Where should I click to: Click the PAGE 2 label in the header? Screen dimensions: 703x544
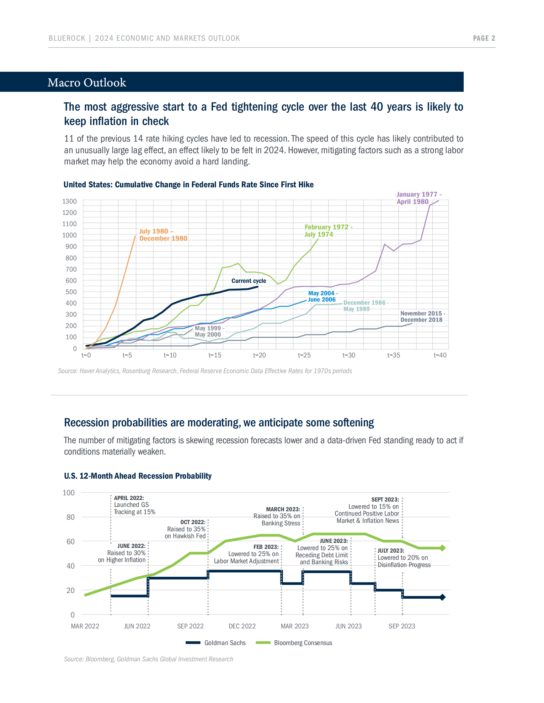tap(483, 38)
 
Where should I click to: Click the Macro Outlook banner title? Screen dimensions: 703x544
tap(87, 82)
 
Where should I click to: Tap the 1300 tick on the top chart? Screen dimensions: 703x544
tap(69, 201)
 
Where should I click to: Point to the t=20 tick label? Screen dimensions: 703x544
tap(259, 355)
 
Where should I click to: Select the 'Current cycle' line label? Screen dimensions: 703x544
tap(248, 281)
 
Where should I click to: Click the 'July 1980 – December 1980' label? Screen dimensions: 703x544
tap(163, 235)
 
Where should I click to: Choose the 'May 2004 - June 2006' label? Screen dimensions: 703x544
tap(322, 296)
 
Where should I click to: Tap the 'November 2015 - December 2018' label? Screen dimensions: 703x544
tap(422, 317)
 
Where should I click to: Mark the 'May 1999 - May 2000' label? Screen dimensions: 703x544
tap(208, 331)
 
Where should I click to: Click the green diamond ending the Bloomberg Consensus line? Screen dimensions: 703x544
tap(442, 548)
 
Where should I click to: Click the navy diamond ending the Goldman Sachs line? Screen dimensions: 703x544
tap(442, 597)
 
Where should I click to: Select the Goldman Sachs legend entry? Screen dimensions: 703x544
tap(225, 643)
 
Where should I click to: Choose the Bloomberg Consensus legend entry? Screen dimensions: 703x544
tap(303, 643)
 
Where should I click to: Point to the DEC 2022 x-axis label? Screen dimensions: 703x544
tap(242, 626)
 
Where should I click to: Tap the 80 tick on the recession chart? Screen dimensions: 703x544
tap(70, 517)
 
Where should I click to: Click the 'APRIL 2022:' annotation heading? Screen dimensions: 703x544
tap(129, 498)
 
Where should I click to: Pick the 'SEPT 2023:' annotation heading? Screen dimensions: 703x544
tap(385, 500)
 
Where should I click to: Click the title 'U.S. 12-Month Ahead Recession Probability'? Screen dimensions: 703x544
tap(138, 476)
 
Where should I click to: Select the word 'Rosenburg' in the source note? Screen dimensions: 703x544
tap(136, 371)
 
